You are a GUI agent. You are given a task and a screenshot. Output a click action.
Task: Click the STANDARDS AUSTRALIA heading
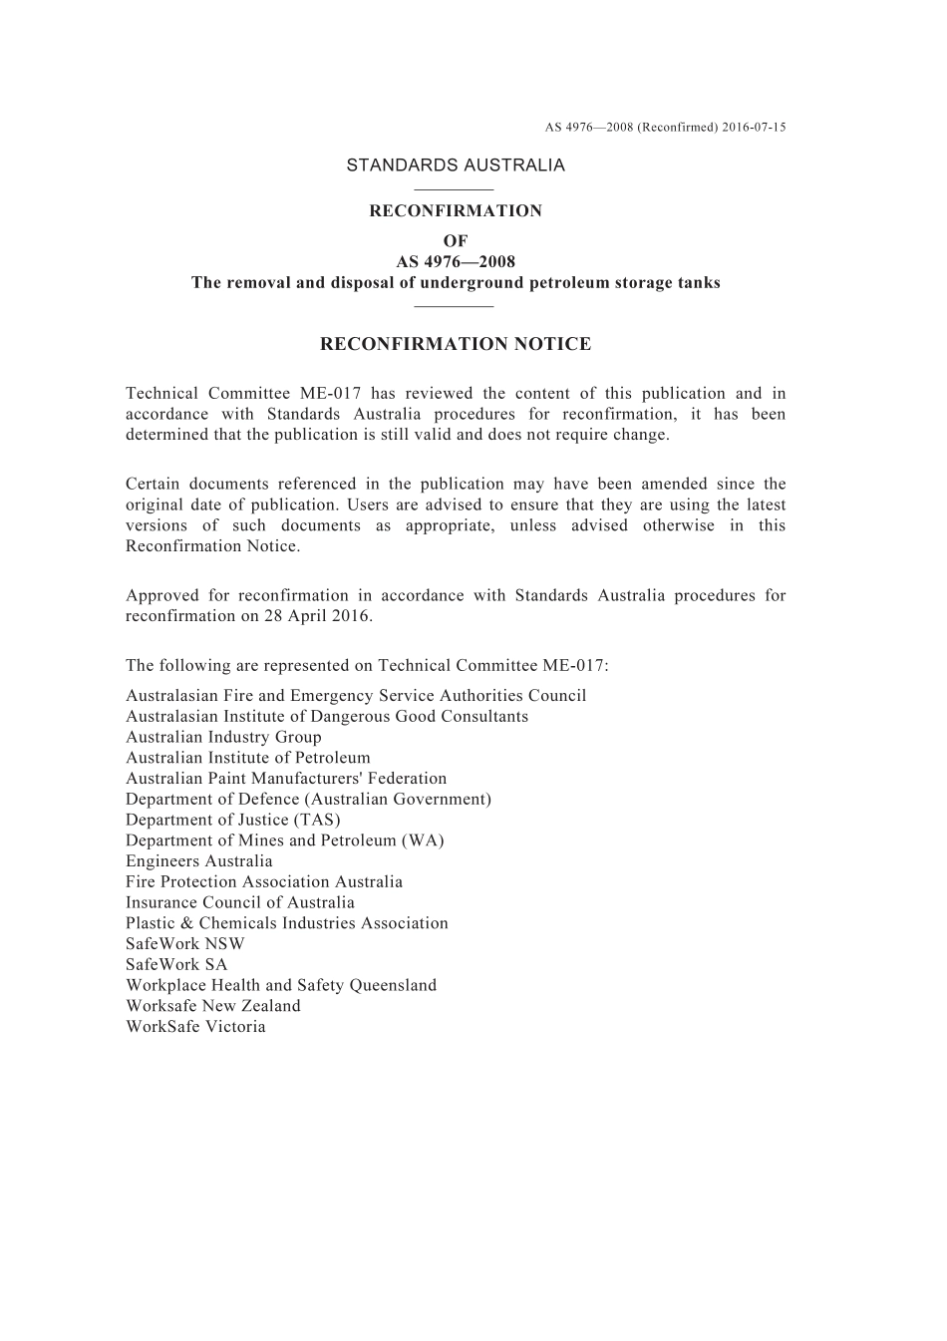pos(456,166)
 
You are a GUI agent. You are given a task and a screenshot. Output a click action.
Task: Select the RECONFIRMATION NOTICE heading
pos(456,345)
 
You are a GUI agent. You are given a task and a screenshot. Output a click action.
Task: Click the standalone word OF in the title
pos(456,241)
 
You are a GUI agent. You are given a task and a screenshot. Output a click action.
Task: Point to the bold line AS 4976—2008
pos(456,262)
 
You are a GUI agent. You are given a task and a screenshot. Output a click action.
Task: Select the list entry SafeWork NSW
pos(185,944)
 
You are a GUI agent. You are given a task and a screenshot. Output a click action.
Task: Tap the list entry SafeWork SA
pos(176,964)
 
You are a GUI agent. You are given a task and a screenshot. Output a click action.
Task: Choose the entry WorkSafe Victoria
pos(195,1027)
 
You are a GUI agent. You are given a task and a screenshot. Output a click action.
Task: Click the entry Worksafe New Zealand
pos(213,1006)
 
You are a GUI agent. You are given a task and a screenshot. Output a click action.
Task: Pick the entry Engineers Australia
pos(199,861)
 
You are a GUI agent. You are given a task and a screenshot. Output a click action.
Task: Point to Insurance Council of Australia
pos(240,902)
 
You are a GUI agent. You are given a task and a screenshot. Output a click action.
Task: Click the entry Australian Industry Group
pos(223,738)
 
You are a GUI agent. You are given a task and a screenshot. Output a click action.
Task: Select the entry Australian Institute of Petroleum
pos(248,758)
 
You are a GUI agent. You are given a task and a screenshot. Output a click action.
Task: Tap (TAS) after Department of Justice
pos(317,820)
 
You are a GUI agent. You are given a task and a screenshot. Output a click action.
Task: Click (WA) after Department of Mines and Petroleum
pos(423,840)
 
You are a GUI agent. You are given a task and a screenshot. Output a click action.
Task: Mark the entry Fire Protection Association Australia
pos(264,882)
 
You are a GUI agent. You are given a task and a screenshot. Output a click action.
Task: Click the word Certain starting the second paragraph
pos(154,485)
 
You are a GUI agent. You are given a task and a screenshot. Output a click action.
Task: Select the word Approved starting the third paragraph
pos(162,596)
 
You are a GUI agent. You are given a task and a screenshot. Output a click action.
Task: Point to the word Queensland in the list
pos(393,985)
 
